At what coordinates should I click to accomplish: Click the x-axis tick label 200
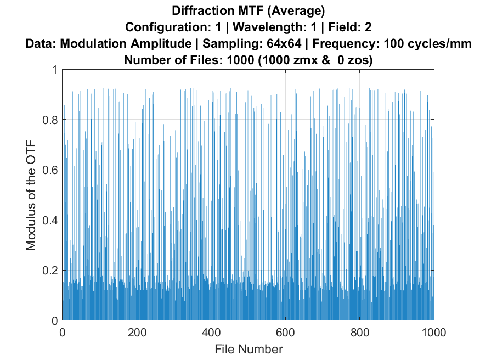(x=137, y=332)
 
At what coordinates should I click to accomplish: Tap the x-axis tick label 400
(x=211, y=332)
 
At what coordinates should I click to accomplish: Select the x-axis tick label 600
(x=285, y=332)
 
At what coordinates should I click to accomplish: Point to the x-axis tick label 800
(x=359, y=332)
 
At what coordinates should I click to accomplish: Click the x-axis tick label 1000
(x=433, y=332)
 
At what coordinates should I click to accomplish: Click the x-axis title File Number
(x=249, y=348)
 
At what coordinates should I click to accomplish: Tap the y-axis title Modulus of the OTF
(x=31, y=195)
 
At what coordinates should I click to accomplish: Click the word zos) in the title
(x=360, y=60)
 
